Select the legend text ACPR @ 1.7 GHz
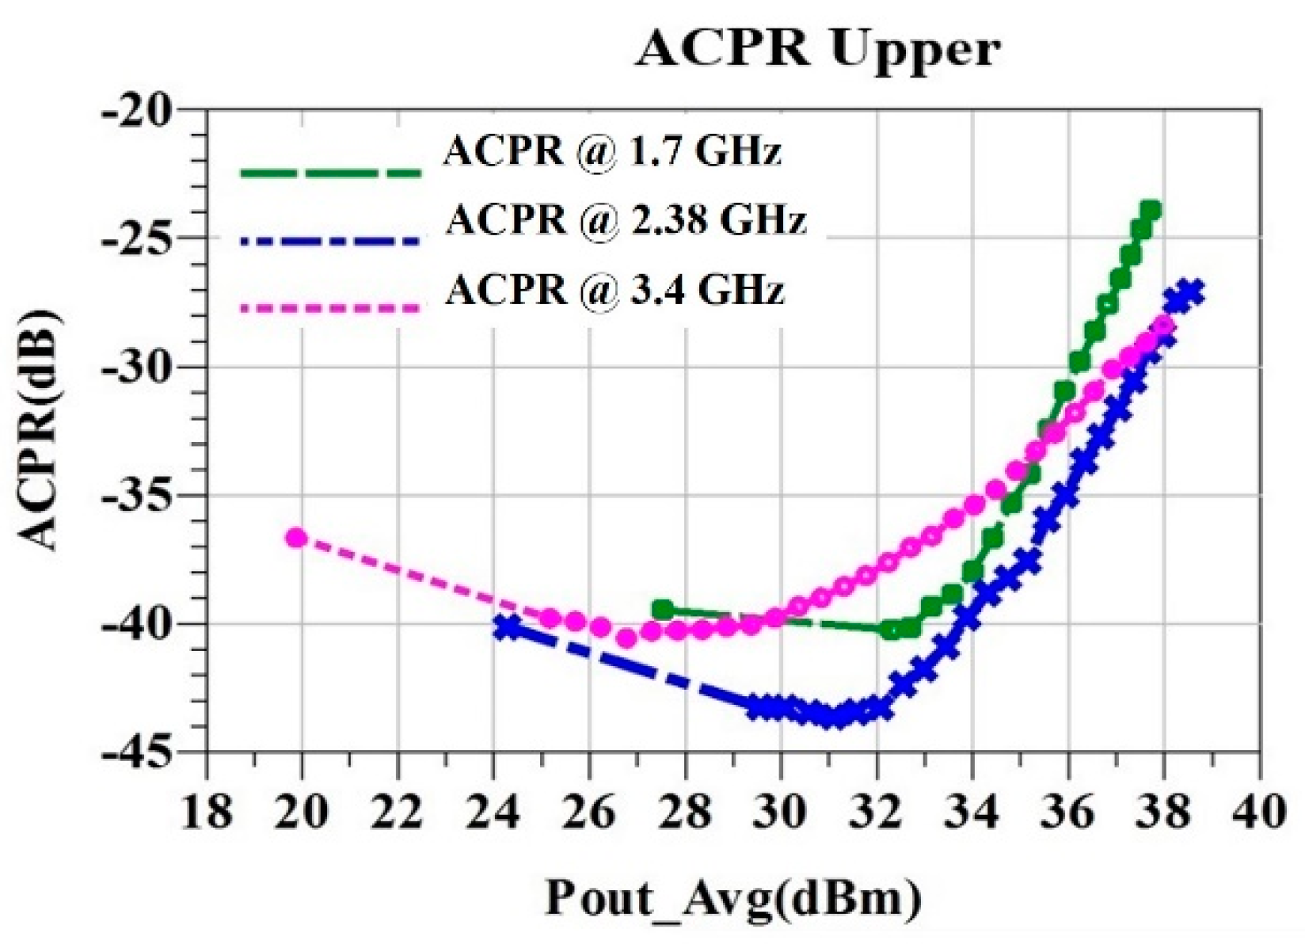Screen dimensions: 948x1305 [612, 150]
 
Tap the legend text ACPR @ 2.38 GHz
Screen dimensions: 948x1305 [626, 219]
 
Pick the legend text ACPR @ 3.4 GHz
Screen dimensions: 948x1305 [614, 290]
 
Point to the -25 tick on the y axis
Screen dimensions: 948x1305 [147, 238]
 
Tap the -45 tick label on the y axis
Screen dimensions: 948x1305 [147, 752]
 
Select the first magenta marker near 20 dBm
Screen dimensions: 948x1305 [296, 539]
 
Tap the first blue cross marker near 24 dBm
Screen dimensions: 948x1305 [507, 627]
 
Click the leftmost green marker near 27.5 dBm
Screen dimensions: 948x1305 [663, 610]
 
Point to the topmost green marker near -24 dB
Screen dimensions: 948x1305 [1151, 211]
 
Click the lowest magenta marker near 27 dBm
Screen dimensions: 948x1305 [626, 638]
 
